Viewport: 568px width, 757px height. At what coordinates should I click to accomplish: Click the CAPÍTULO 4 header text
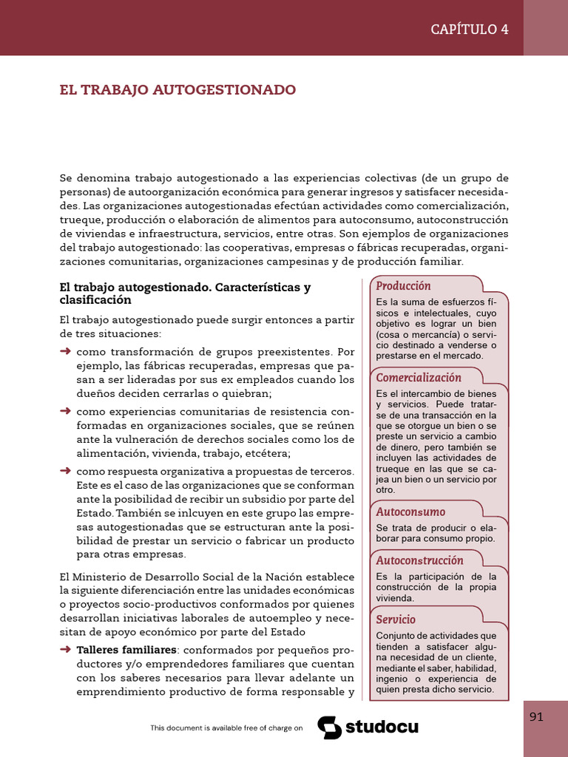470,29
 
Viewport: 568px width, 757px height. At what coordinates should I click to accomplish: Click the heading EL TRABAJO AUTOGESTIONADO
177,89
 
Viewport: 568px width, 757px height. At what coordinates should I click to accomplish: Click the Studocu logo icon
329,727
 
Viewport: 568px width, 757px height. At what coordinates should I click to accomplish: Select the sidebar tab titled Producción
403,285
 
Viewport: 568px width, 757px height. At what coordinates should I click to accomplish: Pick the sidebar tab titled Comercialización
419,377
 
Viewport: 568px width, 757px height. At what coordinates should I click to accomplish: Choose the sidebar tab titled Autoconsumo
410,512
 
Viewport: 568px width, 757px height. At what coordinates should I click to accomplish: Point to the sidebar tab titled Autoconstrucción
419,560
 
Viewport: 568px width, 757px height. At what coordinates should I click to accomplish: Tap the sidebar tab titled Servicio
396,619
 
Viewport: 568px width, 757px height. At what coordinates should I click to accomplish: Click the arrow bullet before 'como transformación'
65,351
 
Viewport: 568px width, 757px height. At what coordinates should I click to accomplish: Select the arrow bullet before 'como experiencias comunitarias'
65,411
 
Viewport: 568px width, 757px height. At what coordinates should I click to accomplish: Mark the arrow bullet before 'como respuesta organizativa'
65,471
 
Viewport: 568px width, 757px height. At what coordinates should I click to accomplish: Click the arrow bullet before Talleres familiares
65,650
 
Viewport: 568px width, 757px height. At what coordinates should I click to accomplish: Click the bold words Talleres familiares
126,650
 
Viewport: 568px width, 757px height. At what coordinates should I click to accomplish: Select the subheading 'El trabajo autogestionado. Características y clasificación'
185,293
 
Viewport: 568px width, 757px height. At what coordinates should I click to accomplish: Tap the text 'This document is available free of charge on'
226,728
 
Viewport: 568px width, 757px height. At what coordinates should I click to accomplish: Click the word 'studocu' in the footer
382,727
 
